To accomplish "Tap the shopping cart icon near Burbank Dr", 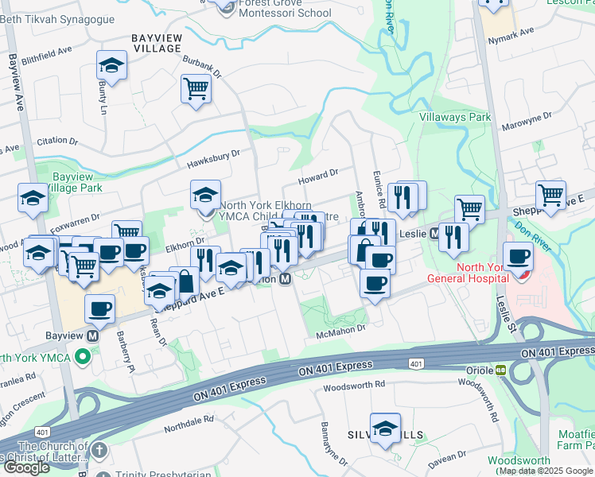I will [195, 89].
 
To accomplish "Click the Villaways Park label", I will [455, 117].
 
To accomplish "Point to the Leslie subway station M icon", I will [435, 234].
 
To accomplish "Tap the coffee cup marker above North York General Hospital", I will [519, 258].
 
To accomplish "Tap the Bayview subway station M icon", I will [93, 336].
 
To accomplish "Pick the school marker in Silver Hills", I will [385, 429].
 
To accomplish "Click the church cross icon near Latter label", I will [98, 451].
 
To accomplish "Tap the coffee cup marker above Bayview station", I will [100, 309].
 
